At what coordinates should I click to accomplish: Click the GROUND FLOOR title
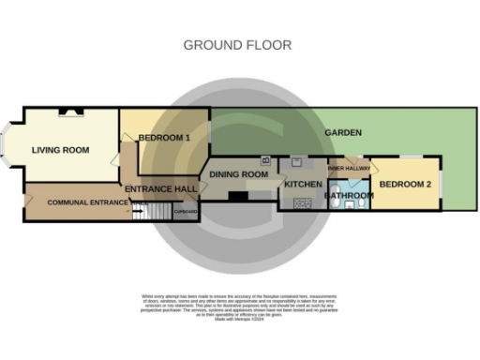(x=237, y=44)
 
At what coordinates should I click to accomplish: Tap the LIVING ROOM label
(x=60, y=150)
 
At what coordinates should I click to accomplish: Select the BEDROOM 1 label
(x=164, y=138)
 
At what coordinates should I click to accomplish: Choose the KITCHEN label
(x=303, y=184)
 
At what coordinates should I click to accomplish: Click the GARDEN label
(x=342, y=133)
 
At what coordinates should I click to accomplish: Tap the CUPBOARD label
(x=186, y=212)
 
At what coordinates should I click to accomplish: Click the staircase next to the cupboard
(x=159, y=212)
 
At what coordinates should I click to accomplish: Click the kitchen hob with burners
(x=303, y=202)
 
